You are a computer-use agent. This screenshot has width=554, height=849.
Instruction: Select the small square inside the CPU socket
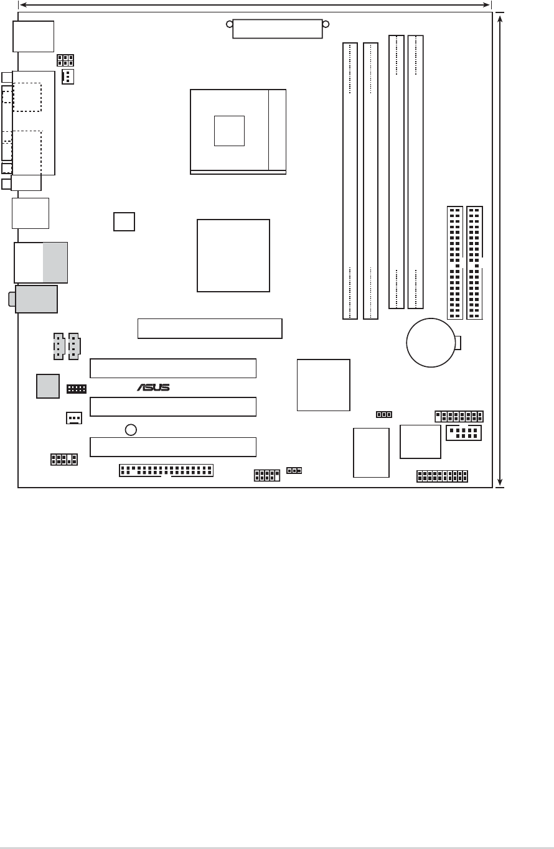(x=229, y=131)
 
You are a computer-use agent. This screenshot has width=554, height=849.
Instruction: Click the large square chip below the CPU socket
(x=233, y=255)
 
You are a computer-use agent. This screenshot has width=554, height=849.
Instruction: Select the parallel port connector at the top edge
(x=278, y=28)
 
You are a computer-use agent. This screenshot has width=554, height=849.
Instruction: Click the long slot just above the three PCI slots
(x=209, y=328)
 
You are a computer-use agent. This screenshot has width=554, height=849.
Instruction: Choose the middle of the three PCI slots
(x=173, y=407)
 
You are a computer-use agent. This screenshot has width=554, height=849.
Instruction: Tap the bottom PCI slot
(x=173, y=447)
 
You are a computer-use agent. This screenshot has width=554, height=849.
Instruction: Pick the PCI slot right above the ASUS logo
(x=173, y=368)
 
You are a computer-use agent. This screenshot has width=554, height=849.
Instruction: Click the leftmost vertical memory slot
(x=350, y=180)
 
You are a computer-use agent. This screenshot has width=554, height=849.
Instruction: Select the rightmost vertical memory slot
(x=416, y=172)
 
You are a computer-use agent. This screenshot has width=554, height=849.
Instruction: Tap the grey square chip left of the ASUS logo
(x=48, y=386)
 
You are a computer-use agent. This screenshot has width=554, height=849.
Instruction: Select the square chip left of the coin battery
(x=324, y=384)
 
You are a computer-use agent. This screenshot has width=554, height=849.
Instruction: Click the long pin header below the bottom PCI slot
(x=166, y=469)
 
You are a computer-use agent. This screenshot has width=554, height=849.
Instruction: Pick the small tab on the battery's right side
(x=459, y=342)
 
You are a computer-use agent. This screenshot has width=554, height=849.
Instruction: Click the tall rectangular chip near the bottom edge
(x=371, y=452)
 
